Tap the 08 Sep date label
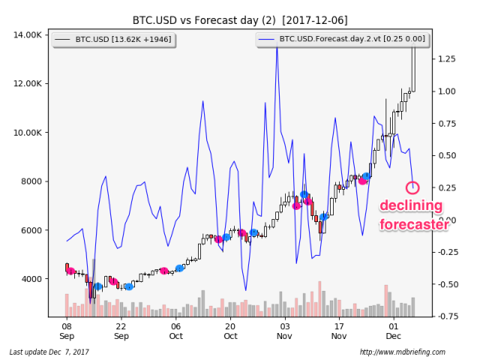pyautogui.click(x=66, y=332)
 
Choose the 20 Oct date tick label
pyautogui.click(x=230, y=332)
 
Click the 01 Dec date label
pyautogui.click(x=394, y=332)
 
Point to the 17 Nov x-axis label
pyautogui.click(x=339, y=332)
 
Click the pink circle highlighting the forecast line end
pyautogui.click(x=412, y=187)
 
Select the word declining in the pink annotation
pyautogui.click(x=410, y=206)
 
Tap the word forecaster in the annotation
pyautogui.click(x=413, y=223)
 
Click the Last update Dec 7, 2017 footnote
pyautogui.click(x=49, y=352)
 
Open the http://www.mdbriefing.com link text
pyautogui.click(x=402, y=352)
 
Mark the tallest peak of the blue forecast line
pyautogui.click(x=277, y=46)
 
